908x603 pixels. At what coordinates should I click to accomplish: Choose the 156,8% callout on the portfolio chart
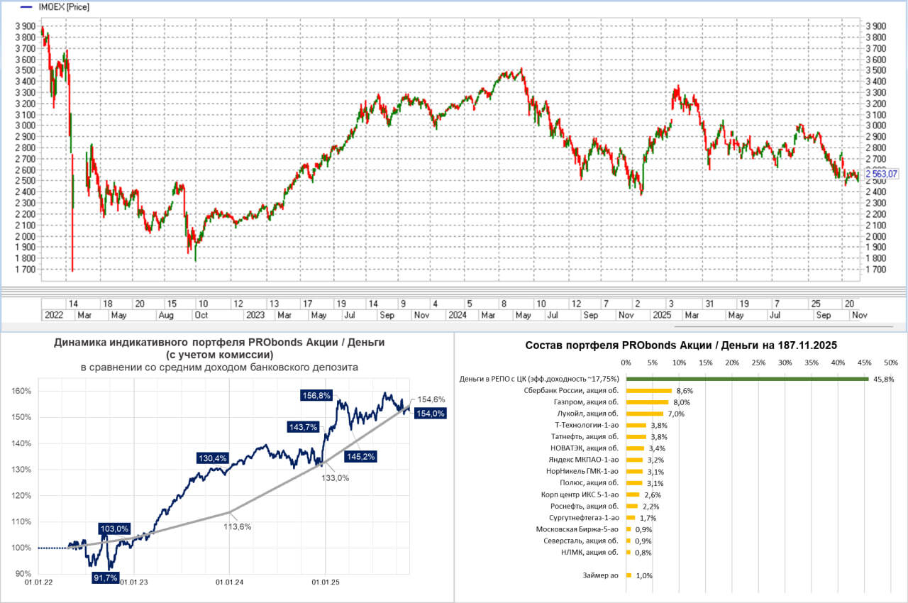(x=316, y=396)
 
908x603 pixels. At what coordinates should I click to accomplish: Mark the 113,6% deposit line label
(x=238, y=526)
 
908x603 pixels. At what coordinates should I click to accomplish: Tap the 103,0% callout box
(x=113, y=529)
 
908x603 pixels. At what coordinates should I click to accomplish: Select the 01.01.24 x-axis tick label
(x=229, y=582)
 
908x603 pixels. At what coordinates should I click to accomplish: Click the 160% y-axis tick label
(x=21, y=391)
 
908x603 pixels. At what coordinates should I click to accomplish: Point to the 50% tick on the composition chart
(x=890, y=363)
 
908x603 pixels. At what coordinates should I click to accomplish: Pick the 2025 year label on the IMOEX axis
(x=662, y=314)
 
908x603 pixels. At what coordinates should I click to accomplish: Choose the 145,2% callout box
(x=360, y=456)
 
